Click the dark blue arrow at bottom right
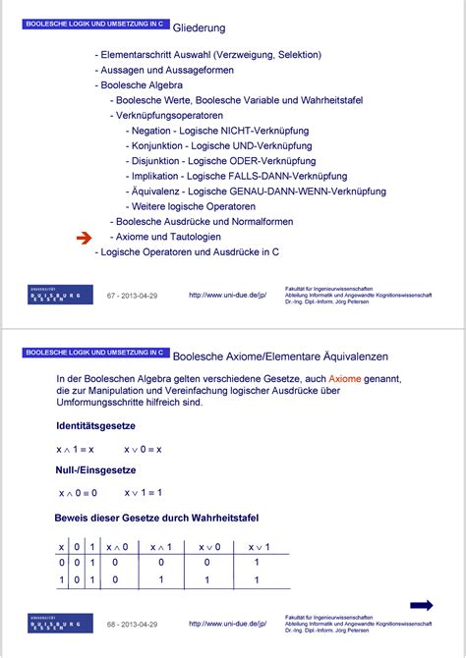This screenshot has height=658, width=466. (x=421, y=605)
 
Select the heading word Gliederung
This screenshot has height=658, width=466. (x=200, y=28)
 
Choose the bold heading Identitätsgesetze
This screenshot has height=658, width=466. (x=95, y=425)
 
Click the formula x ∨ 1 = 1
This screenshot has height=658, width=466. (x=144, y=493)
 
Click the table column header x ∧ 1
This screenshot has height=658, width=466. (x=156, y=547)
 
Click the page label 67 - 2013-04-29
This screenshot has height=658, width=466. (x=132, y=295)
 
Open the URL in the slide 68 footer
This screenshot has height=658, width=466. (x=227, y=623)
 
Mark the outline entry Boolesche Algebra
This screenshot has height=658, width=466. (x=142, y=85)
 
